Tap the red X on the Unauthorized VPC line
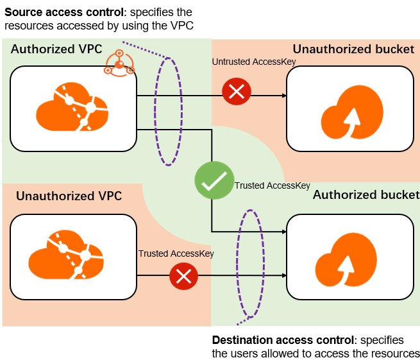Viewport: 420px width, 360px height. (x=183, y=277)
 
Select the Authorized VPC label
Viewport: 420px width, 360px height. (x=56, y=49)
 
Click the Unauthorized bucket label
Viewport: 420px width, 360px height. (x=353, y=49)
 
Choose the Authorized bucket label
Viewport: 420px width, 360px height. (x=365, y=194)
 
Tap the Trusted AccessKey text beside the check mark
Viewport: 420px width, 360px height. (x=272, y=186)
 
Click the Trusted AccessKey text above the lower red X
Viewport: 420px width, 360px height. (x=176, y=253)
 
